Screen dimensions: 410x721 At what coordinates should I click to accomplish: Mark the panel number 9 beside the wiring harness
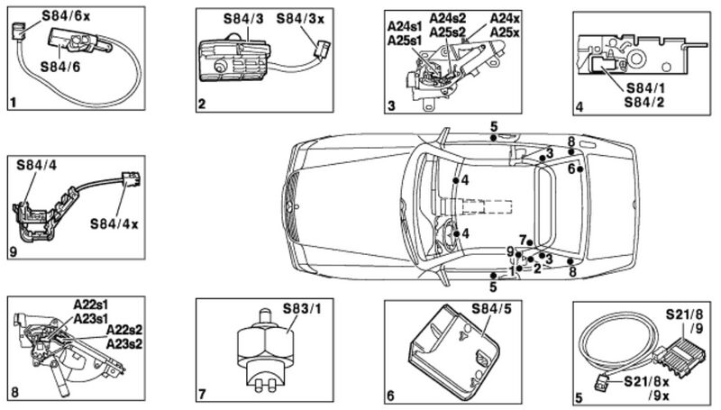[13, 251]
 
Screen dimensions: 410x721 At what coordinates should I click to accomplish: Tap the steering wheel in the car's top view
[447, 237]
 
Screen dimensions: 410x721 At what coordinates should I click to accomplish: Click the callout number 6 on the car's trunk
[570, 168]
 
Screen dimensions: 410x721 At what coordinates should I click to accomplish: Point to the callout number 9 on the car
[509, 251]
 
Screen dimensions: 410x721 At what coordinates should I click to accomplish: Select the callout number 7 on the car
[521, 238]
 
